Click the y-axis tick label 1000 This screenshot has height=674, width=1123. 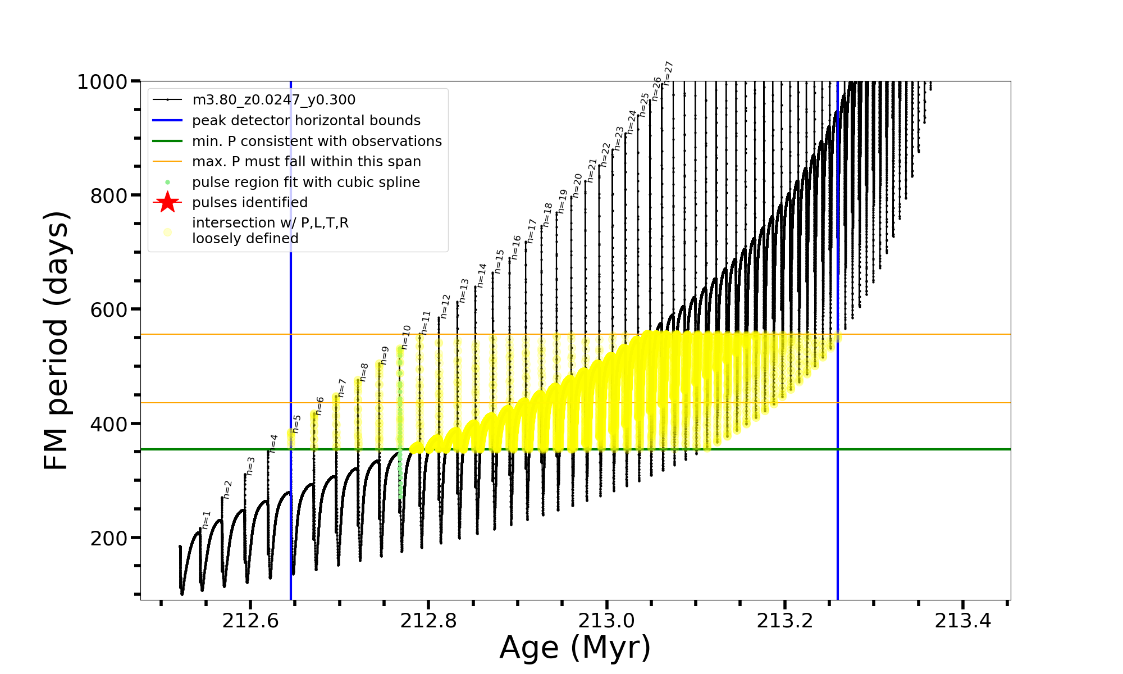102,82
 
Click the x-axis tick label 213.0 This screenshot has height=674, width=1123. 606,621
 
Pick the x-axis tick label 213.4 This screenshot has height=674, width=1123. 962,621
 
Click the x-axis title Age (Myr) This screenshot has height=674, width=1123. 575,648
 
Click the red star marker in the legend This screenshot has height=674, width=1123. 167,202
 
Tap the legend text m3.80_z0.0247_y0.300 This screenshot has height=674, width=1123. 273,100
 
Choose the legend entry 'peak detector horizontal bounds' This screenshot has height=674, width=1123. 306,121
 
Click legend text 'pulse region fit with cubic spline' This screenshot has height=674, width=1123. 305,183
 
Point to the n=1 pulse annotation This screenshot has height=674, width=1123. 206,520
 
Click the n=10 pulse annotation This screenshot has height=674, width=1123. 406,337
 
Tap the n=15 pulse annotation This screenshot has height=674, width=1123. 499,262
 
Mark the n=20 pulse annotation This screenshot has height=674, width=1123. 577,185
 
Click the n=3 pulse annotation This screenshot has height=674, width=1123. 250,466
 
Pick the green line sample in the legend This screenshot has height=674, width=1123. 167,141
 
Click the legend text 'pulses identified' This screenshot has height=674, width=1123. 249,203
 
